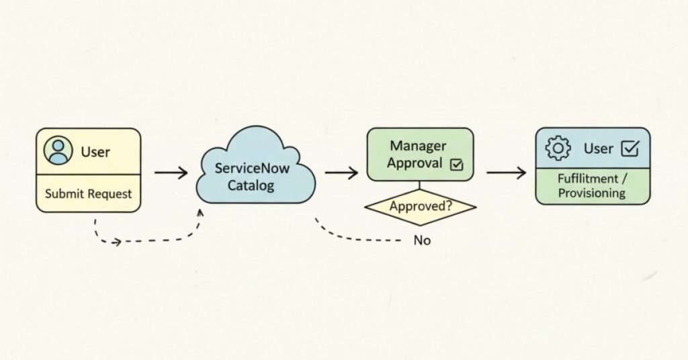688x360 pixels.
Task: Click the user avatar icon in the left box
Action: pos(58,151)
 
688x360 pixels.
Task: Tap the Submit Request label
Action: pos(88,194)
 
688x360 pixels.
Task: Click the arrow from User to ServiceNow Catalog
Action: pos(171,173)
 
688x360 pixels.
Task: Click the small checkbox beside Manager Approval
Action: pos(456,164)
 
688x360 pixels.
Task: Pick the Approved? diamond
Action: pos(420,207)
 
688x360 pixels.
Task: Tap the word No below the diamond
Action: pos(422,240)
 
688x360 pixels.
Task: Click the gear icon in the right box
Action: pos(558,148)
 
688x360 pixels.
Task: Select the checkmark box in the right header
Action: pos(630,148)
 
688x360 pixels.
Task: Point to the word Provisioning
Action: pos(593,193)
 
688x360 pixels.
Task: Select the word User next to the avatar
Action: pos(95,152)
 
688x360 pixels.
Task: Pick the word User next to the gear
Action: pos(598,148)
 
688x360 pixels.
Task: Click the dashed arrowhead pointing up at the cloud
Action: pos(200,212)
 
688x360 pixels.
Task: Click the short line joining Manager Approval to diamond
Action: pos(420,187)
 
